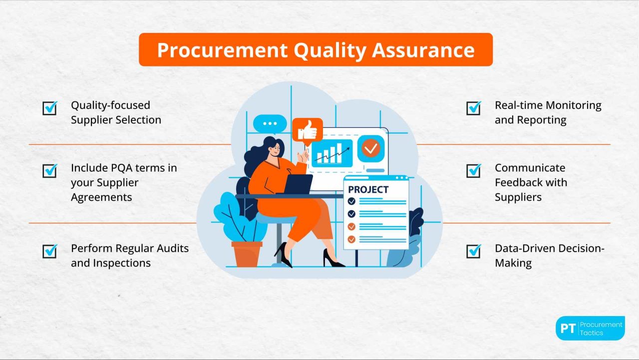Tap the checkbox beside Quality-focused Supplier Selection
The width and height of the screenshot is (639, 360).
point(50,108)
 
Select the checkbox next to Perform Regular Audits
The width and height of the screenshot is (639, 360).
point(50,251)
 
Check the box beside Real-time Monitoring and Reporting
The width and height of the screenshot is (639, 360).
point(474,108)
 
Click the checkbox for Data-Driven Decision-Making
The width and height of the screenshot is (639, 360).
point(474,251)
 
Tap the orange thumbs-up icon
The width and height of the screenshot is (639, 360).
point(307,130)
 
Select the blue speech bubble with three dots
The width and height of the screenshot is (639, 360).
point(270,123)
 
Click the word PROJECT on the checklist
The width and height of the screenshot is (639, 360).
point(368,190)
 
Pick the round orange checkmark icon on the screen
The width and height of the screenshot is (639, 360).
point(371,148)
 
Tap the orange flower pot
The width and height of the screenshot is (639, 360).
point(247,254)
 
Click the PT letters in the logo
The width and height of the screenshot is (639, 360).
point(568,329)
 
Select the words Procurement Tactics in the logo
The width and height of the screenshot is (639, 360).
point(601,329)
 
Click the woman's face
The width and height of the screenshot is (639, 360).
point(274,153)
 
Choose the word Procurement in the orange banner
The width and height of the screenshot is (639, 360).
point(222,50)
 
